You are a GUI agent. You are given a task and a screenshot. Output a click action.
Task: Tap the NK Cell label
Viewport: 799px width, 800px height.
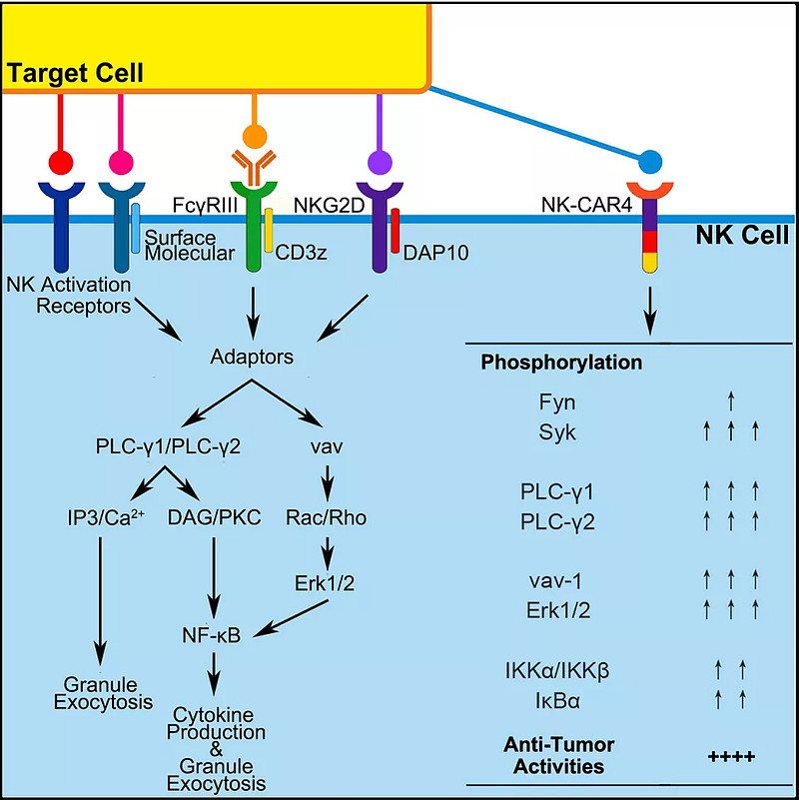click(744, 236)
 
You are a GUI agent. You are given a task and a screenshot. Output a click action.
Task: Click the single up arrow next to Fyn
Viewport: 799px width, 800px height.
click(731, 401)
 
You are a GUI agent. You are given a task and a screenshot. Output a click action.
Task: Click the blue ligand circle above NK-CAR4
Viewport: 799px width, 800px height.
click(650, 159)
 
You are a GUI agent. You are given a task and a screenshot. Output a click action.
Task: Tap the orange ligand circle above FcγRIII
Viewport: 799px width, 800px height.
click(255, 134)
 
